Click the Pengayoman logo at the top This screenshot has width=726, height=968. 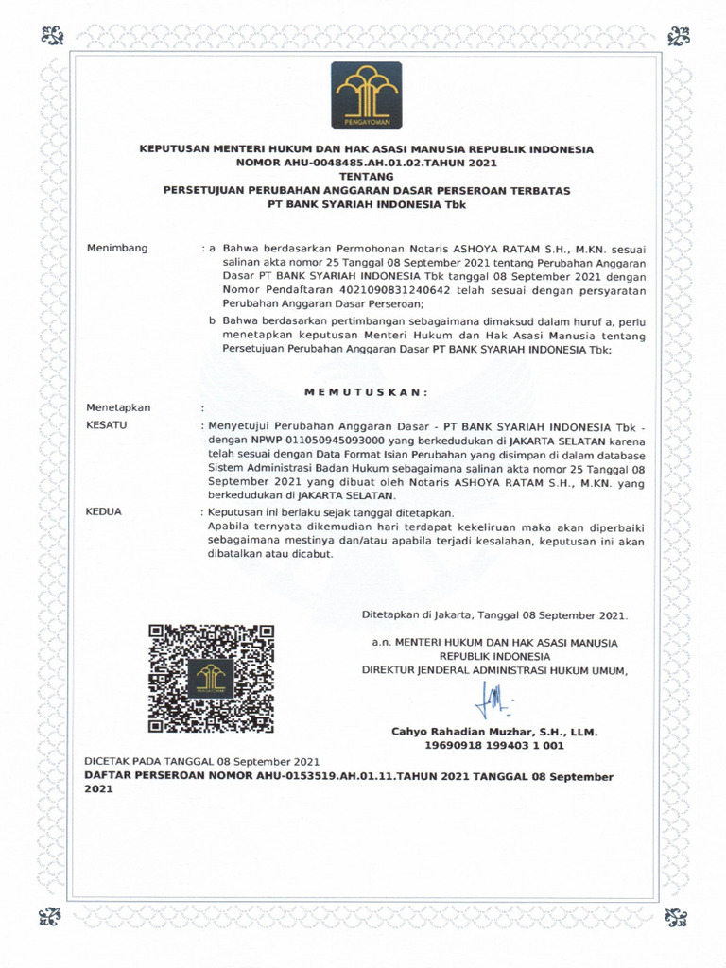tap(366, 95)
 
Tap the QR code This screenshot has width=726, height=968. tap(211, 678)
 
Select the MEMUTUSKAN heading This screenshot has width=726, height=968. tap(366, 391)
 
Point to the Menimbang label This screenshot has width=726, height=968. tap(117, 248)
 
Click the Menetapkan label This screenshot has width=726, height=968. tap(118, 407)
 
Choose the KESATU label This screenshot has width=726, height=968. tap(107, 425)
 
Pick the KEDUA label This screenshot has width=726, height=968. tap(104, 511)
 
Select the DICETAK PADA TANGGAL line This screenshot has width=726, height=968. tap(202, 761)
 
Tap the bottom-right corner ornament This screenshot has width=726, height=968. tap(677, 916)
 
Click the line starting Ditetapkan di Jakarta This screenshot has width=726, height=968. tap(493, 614)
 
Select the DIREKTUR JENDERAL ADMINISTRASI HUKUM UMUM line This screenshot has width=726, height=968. tap(494, 669)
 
